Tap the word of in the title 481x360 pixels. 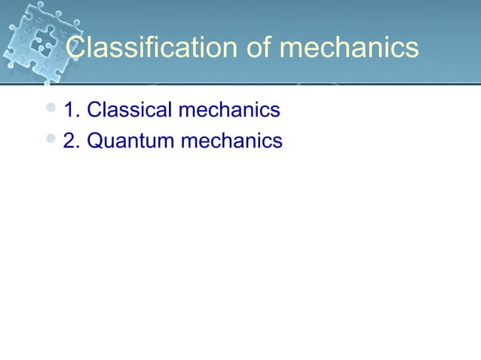tap(256, 48)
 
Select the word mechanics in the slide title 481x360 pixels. tap(348, 48)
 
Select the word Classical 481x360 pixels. tap(129, 111)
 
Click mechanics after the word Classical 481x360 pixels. tap(228, 111)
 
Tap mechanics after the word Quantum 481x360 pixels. tap(231, 141)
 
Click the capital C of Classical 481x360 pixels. tap(94, 111)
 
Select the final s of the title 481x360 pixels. tap(411, 50)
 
